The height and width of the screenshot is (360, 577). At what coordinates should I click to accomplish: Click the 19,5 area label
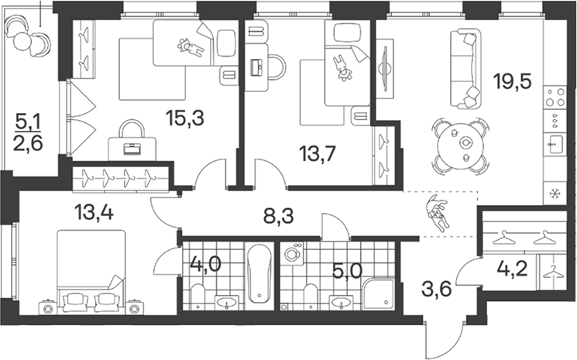[x=513, y=81]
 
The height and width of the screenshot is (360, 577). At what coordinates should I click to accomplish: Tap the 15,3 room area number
[x=184, y=118]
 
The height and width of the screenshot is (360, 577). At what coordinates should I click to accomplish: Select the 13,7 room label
[x=318, y=153]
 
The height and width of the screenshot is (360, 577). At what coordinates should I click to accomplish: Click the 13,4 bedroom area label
[x=94, y=212]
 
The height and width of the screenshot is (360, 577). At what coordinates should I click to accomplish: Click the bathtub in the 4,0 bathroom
[x=259, y=273]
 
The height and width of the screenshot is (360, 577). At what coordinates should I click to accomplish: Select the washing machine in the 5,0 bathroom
[x=292, y=253]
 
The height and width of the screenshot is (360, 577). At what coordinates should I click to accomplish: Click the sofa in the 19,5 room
[x=466, y=69]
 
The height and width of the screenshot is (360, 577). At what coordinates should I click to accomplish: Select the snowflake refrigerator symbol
[x=555, y=194]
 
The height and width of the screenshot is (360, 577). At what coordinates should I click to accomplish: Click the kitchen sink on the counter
[x=555, y=144]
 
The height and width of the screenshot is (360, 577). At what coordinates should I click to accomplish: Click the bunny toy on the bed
[x=342, y=67]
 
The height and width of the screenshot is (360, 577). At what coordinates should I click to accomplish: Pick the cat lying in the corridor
[x=437, y=213]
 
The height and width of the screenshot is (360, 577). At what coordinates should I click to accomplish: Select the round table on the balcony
[x=22, y=41]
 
